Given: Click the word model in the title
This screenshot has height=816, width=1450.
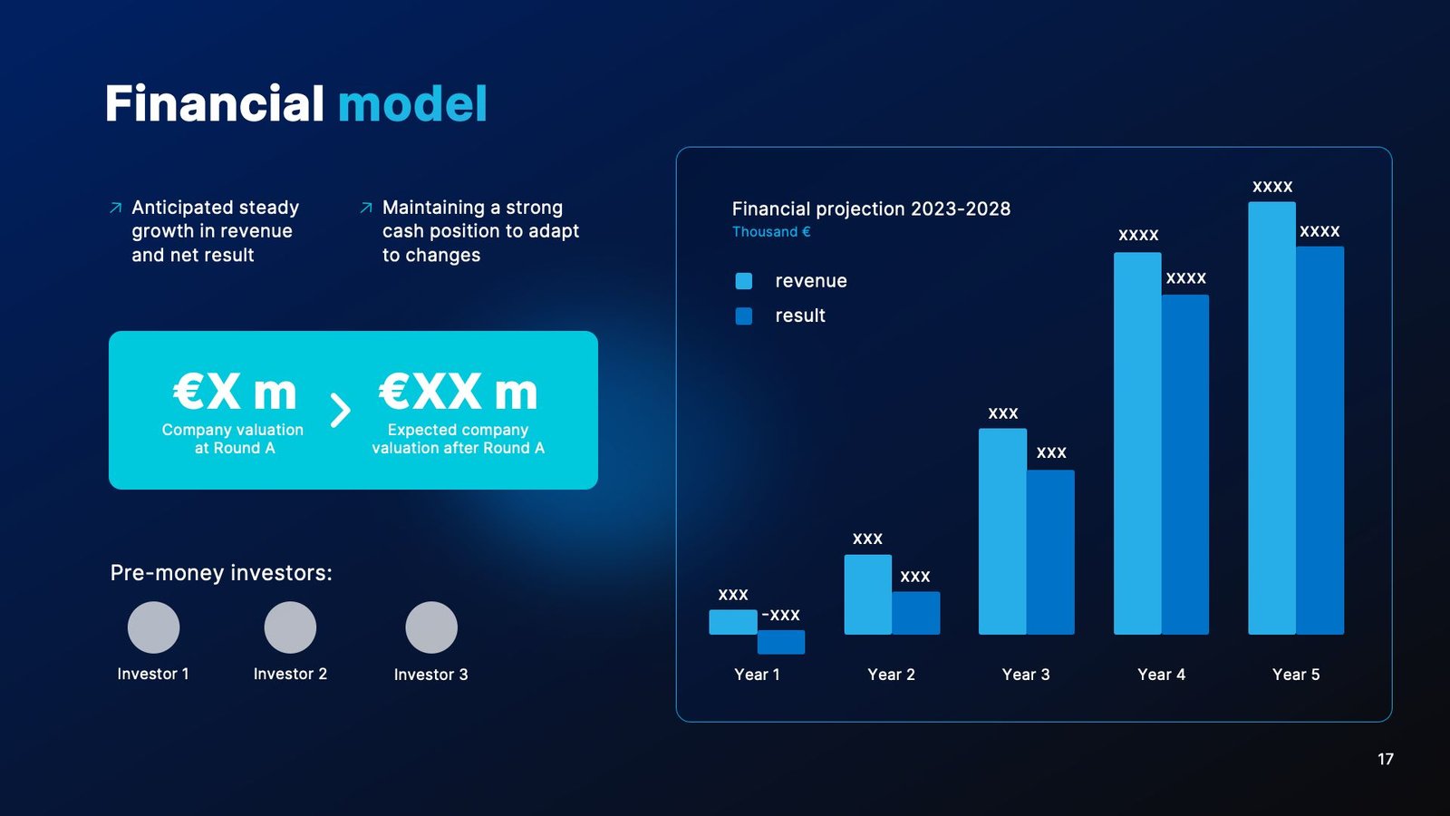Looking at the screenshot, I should (412, 103).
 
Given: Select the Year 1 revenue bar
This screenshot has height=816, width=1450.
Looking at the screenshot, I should (732, 622).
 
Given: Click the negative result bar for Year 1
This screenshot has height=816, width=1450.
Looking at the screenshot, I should (780, 642).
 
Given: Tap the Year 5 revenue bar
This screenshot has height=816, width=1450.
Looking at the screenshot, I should (1271, 417).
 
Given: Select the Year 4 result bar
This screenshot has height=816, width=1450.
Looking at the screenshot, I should (1185, 464).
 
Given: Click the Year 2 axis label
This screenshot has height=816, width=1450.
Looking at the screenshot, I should (891, 675).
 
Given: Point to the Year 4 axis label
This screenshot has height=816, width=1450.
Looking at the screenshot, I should (1161, 675).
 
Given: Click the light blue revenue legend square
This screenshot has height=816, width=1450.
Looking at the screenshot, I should (744, 281).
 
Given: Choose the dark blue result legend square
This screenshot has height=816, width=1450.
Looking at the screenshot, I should (744, 316).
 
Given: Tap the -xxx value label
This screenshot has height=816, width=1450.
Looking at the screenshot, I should (780, 615).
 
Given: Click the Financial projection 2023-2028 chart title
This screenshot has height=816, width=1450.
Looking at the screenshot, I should (870, 209).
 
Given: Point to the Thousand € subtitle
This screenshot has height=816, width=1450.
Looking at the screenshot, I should (771, 232).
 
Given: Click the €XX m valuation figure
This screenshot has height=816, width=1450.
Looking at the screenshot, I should (458, 393).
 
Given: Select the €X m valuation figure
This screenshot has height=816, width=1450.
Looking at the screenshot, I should (235, 393).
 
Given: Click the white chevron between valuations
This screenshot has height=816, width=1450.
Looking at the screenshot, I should (340, 411).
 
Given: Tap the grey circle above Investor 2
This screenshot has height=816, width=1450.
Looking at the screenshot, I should (290, 627).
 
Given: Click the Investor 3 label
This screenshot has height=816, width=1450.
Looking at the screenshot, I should (430, 675).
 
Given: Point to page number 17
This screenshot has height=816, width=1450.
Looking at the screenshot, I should (1385, 759).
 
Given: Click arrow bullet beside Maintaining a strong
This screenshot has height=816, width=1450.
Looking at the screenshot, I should (366, 209).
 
